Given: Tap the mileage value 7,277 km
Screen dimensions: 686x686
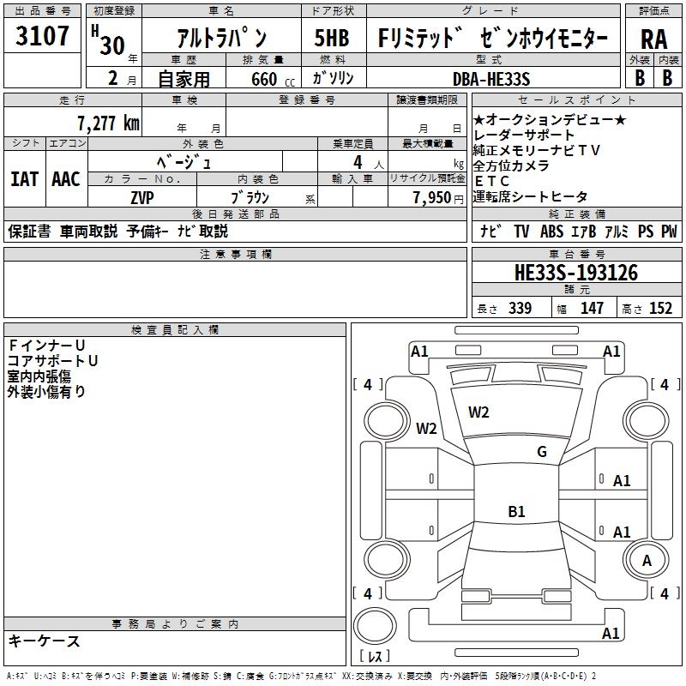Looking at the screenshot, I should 107,123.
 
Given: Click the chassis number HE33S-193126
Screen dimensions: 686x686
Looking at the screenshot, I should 576,273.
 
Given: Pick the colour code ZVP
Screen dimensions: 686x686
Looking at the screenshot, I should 142,196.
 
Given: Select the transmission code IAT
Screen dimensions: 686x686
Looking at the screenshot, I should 24,179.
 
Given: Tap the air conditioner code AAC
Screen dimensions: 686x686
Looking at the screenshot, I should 65,179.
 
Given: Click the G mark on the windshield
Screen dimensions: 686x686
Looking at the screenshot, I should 541,452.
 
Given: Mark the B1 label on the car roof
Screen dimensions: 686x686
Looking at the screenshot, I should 516,512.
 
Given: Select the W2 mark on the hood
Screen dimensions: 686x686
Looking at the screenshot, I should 478,412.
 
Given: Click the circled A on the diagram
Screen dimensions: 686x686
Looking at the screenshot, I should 647,561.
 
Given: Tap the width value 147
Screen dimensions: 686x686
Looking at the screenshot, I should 592,309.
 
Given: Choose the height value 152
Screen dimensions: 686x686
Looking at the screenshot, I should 660,309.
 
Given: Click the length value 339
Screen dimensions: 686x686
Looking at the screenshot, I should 520,309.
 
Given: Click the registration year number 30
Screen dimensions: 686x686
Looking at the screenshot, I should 111,45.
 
